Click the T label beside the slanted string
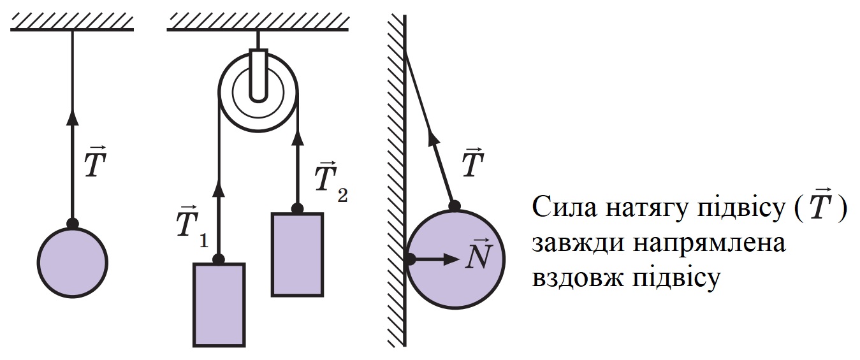pos(473,162)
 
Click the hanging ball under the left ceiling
pos(73,263)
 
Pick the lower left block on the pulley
pos(219,305)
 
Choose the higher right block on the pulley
pos(297,254)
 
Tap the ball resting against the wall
pos(455,259)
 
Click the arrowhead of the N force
pos(451,259)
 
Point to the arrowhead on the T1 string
pos(219,189)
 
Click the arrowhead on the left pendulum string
pos(73,117)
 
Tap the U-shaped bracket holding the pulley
pos(258,75)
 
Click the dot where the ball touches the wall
pos(409,259)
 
